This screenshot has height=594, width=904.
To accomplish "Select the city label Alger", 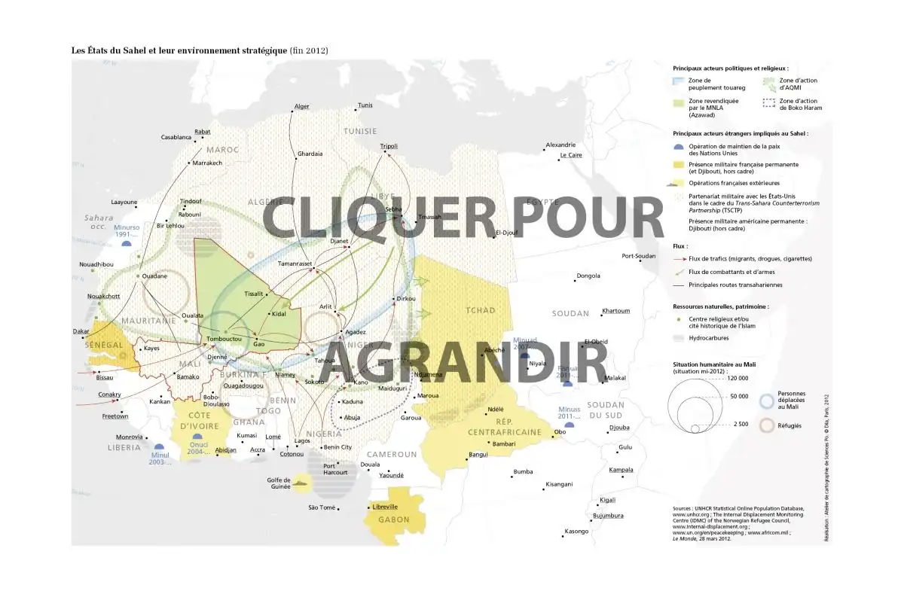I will pos(302,106).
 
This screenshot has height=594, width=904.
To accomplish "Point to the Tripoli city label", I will pos(389,145).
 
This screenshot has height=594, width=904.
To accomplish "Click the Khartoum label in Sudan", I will pos(615,311).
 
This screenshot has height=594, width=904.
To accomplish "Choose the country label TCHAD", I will pos(481,311).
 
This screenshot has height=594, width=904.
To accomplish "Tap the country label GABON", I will pos(394,519).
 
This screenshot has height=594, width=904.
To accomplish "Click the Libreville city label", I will pos(384,507).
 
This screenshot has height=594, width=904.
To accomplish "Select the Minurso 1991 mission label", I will pos(127,230).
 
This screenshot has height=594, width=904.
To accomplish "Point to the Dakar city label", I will pos(81,331).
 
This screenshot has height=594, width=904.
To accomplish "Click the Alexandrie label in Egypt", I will pos(560,145).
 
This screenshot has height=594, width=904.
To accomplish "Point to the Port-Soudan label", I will pos(639,255).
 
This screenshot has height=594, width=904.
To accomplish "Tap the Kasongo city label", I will pos(576,532).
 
